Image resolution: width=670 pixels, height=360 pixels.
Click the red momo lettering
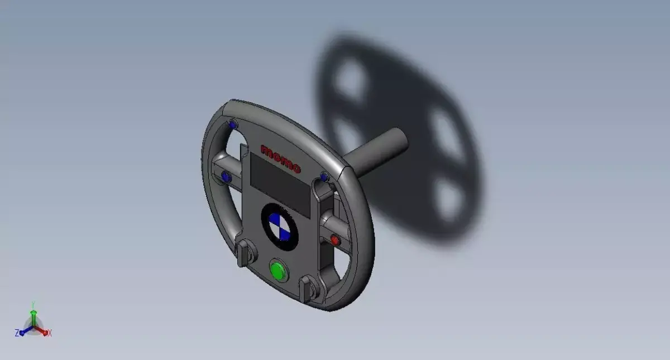click(281, 159)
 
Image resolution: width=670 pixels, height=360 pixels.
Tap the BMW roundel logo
click(280, 227)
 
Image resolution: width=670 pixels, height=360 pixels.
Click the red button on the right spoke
click(334, 240)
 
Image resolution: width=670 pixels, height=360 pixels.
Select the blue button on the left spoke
click(226, 177)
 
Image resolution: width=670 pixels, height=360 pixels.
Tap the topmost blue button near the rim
click(233, 125)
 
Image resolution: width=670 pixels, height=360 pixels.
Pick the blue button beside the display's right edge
click(324, 178)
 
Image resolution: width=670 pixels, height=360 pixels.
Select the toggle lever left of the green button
click(243, 254)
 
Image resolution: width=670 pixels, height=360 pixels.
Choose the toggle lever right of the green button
click(307, 287)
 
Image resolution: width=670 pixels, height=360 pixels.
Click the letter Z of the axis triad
click(18, 333)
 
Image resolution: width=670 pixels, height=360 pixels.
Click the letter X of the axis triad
click(50, 333)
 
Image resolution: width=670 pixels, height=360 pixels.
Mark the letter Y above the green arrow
click(33, 304)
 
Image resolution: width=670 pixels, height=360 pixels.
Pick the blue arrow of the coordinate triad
click(26, 331)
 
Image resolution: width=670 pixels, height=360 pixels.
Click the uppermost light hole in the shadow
click(351, 79)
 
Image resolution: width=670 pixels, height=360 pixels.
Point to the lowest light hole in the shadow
click(449, 199)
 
